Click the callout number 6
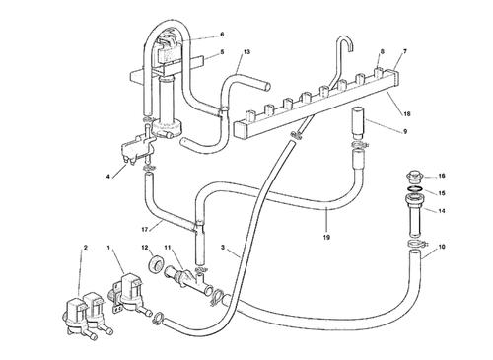[x=222, y=35]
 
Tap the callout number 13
[x=246, y=52]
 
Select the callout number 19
[x=326, y=237]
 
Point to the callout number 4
[x=107, y=177]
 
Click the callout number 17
[x=146, y=230]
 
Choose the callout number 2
[x=86, y=248]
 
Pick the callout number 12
[x=145, y=247]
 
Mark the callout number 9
[x=405, y=131]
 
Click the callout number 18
[x=407, y=114]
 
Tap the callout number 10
[x=442, y=247]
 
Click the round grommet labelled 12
[x=156, y=265]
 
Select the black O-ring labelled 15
[x=415, y=189]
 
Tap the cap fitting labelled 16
[x=415, y=177]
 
